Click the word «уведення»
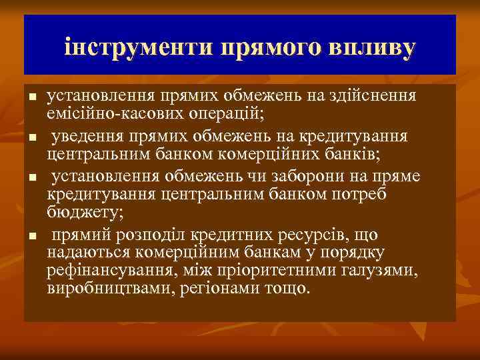coord(85,135)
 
